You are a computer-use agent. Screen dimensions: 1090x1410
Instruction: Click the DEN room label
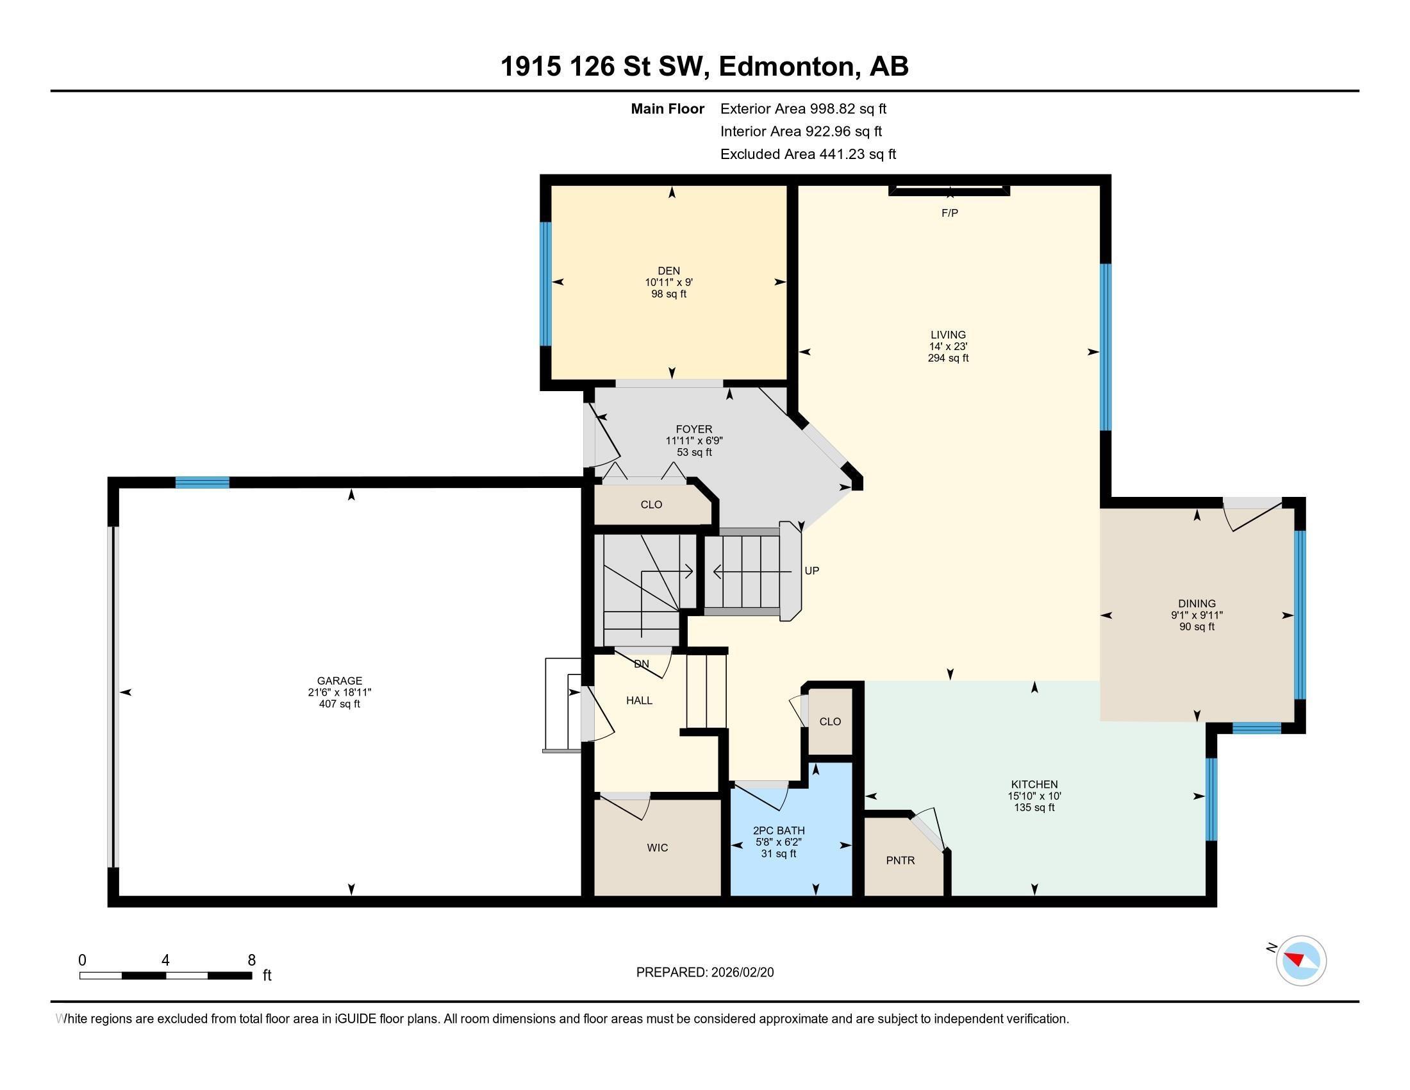pos(669,271)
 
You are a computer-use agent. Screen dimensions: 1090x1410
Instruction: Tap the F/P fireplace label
pos(950,213)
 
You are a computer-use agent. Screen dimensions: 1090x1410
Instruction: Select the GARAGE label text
pos(340,680)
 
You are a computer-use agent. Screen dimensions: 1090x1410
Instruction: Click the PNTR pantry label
pos(900,860)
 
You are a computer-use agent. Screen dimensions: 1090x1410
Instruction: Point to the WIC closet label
pos(657,848)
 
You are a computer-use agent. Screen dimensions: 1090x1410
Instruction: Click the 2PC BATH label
pos(779,831)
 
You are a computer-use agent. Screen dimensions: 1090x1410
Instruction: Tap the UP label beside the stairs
pos(811,571)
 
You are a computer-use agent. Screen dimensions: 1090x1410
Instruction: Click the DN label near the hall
pos(641,664)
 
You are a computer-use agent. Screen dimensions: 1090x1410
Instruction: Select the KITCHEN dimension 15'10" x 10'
pos(1034,796)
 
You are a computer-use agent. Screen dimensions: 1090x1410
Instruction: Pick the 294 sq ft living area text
pos(948,358)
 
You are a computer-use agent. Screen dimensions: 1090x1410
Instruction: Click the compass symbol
pos(1301,960)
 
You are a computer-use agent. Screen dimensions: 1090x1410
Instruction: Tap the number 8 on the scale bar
pos(251,960)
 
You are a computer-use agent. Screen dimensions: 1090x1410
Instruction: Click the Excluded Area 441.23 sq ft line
pos(808,155)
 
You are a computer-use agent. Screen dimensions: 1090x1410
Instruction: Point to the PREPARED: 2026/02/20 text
pos(704,973)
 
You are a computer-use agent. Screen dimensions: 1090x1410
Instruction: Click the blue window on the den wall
pos(546,284)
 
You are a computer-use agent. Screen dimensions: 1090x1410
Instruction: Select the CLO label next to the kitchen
pos(830,721)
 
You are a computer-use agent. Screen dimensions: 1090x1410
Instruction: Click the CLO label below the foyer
pos(651,505)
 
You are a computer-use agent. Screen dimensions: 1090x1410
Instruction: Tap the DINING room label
pos(1197,604)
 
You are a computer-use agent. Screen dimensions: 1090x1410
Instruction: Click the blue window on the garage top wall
pos(202,482)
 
